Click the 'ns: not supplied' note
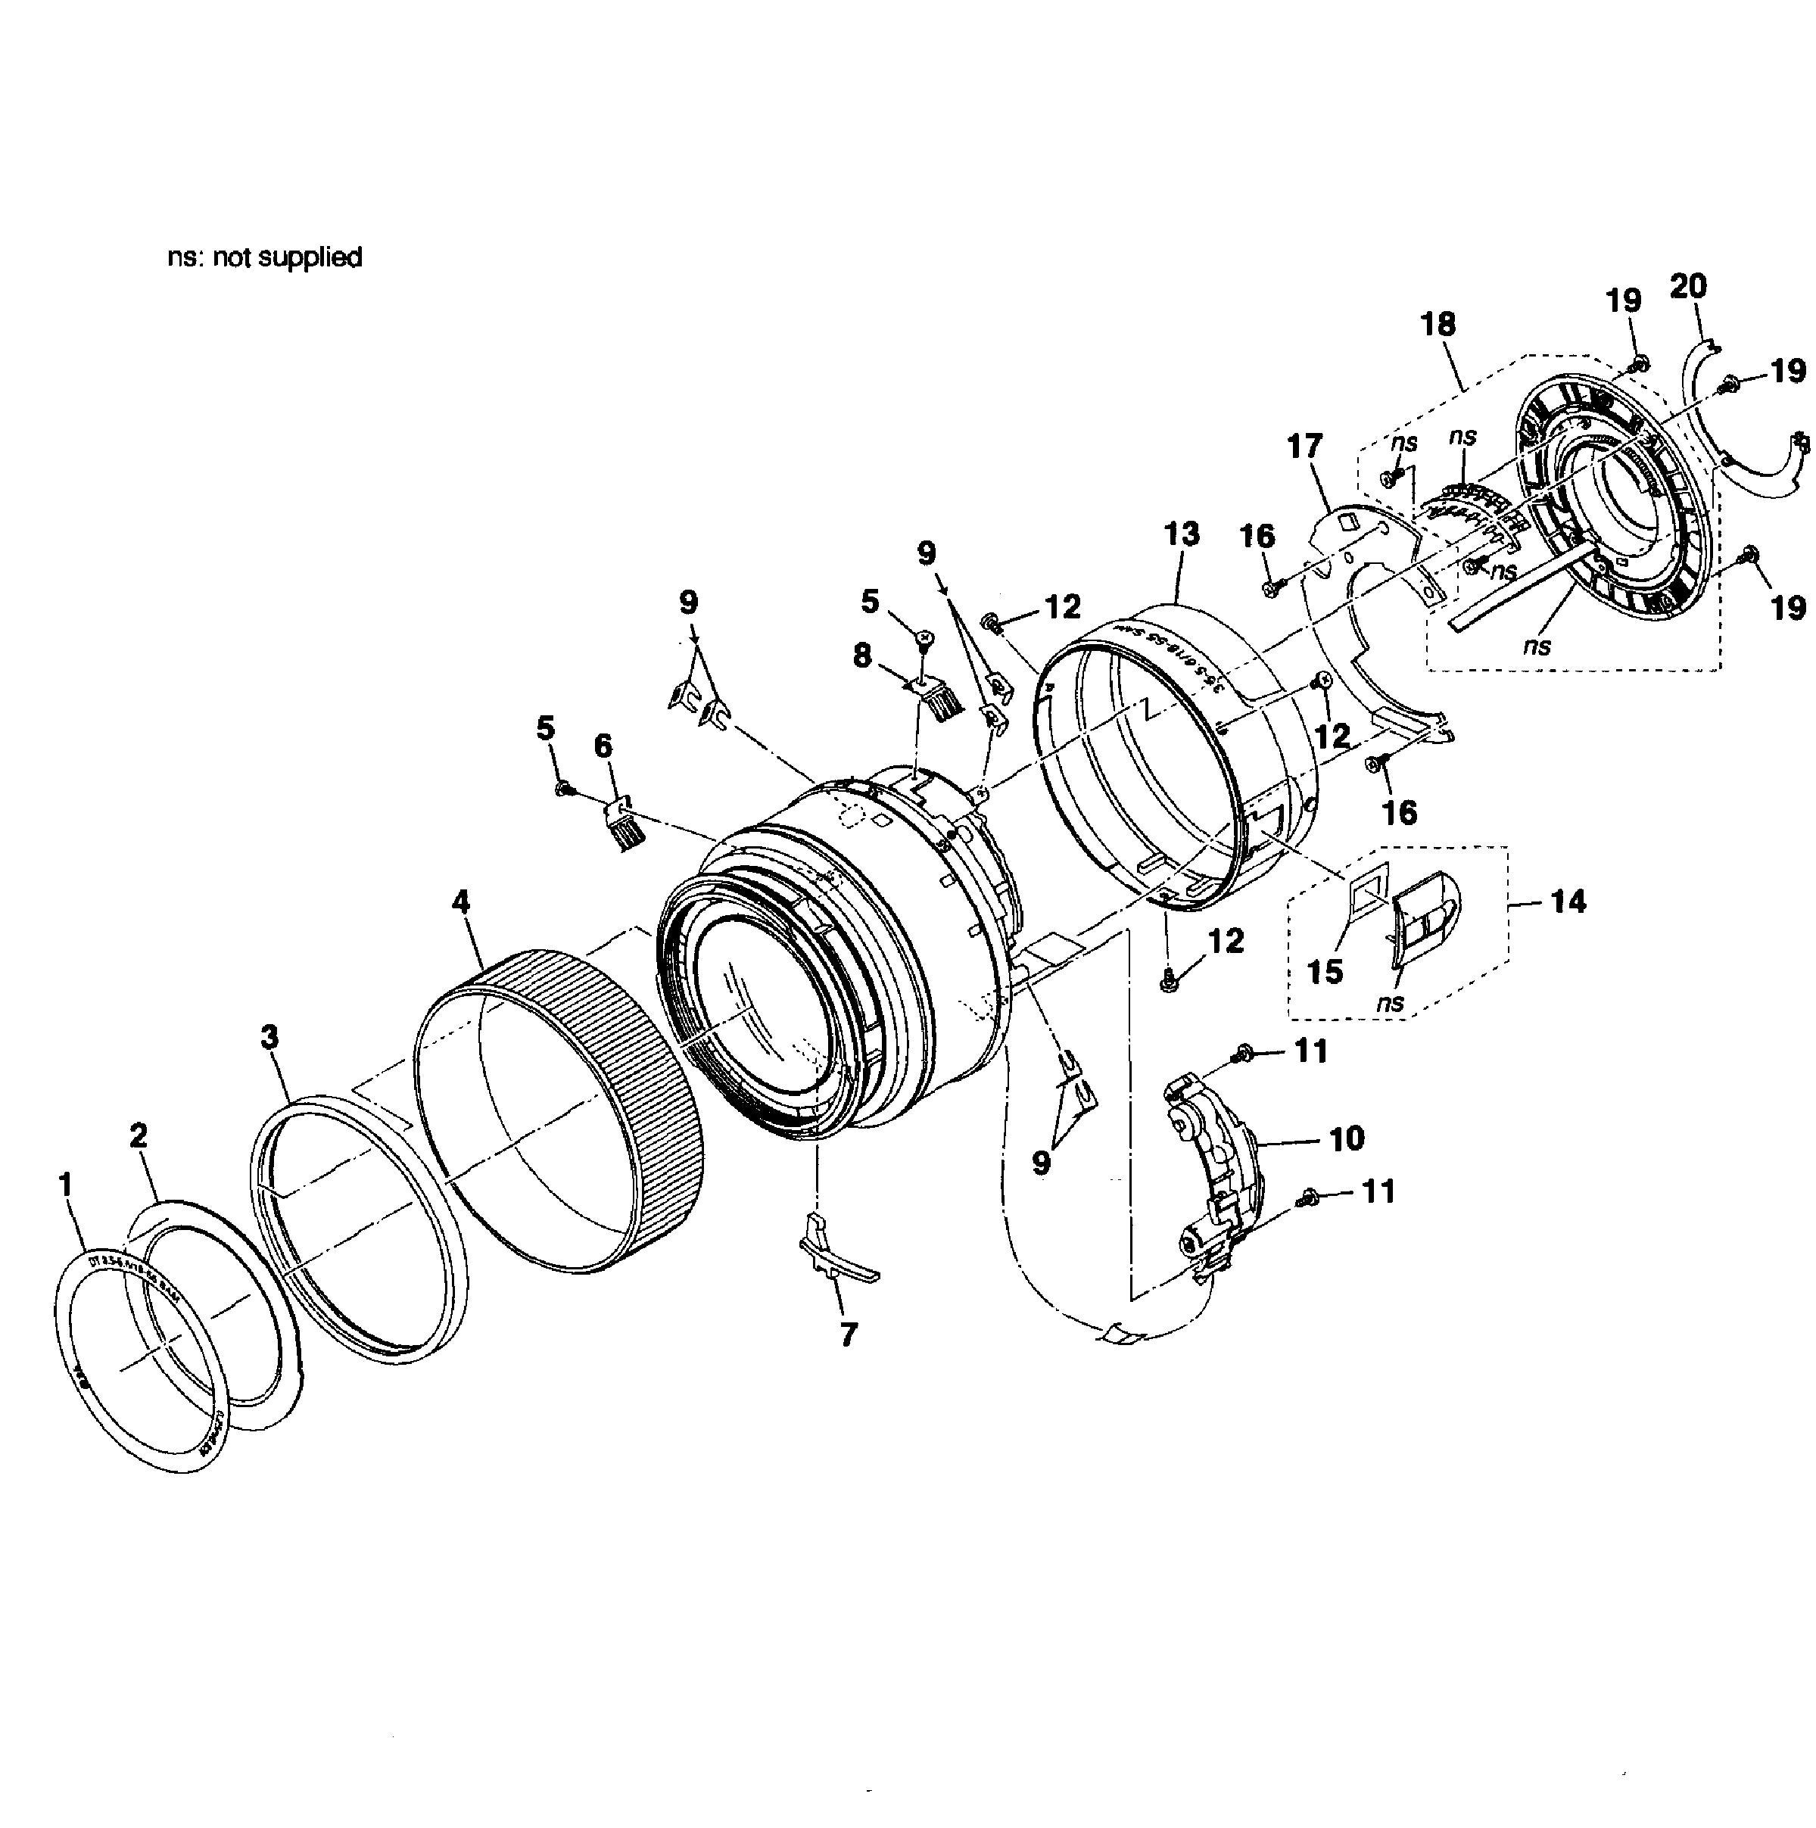[265, 257]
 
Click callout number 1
[65, 1184]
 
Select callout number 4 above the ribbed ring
[461, 902]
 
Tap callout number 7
[849, 1335]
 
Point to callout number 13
[1182, 534]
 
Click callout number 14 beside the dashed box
[1568, 902]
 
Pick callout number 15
[1325, 972]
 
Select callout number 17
[1305, 446]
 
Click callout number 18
[1438, 325]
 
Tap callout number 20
[1688, 286]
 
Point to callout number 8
[861, 655]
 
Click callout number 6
[603, 746]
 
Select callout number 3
[269, 1037]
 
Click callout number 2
[139, 1135]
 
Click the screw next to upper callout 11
[1244, 1051]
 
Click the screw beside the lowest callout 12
[1168, 984]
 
